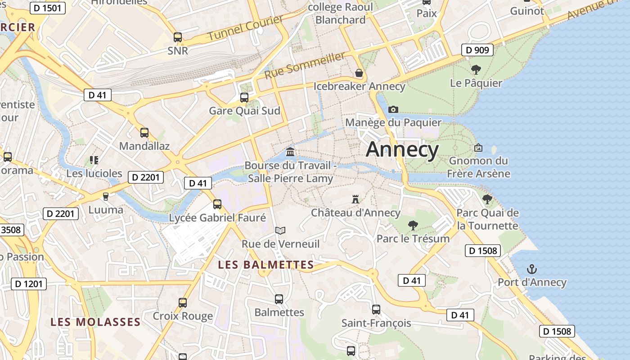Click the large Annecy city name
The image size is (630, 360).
click(402, 149)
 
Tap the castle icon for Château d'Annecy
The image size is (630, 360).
click(355, 199)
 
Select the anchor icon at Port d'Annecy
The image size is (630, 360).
click(532, 269)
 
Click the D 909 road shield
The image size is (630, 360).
click(477, 50)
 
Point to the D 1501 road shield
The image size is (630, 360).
click(48, 8)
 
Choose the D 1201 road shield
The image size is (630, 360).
click(28, 283)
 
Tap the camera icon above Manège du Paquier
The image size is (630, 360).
click(393, 109)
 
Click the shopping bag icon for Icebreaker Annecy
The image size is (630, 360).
click(359, 73)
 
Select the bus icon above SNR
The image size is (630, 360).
click(178, 37)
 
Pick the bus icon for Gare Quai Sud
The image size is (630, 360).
click(244, 97)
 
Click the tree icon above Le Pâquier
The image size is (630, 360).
click(476, 70)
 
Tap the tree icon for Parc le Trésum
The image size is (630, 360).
click(413, 225)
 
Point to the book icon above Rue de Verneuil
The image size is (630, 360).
click(280, 230)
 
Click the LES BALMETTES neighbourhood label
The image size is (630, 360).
click(265, 265)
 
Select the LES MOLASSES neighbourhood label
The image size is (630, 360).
click(95, 322)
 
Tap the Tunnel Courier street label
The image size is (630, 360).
click(246, 28)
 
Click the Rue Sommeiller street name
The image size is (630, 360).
click(305, 65)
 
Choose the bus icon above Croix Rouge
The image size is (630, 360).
click(183, 302)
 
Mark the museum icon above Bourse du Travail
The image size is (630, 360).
click(290, 152)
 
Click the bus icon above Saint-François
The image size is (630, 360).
click(376, 310)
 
